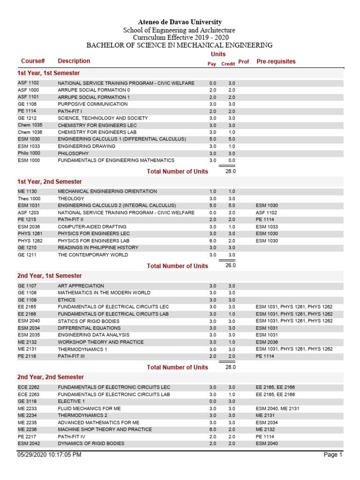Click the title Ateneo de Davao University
(x=180, y=22)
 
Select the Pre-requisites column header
(x=276, y=61)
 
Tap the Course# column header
(x=33, y=61)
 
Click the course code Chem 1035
(x=30, y=125)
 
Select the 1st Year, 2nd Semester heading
(x=50, y=182)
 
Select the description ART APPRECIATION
(x=81, y=286)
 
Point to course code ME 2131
(x=27, y=349)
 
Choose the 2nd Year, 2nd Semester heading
(x=51, y=377)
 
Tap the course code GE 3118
(x=27, y=401)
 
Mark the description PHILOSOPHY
(x=73, y=153)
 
